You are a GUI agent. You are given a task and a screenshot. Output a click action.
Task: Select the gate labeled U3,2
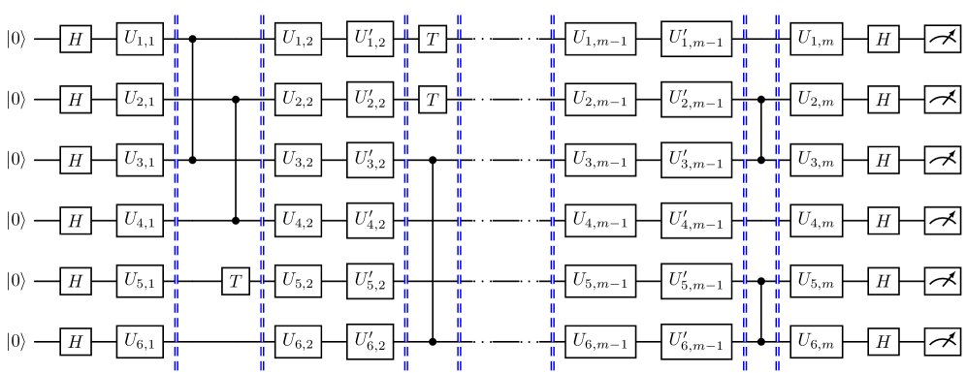pos(297,160)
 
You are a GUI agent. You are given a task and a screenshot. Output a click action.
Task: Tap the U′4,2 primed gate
pos(371,220)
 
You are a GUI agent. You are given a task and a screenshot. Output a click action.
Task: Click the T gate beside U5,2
pos(236,281)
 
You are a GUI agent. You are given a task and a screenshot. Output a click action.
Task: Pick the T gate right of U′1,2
pos(433,39)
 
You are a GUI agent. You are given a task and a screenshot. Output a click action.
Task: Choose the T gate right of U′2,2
pos(433,99)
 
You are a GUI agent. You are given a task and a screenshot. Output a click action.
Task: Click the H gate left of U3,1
pos(75,160)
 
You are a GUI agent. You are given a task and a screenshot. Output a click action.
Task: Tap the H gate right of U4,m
pos(883,220)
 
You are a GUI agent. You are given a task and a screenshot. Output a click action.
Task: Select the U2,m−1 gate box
pos(599,99)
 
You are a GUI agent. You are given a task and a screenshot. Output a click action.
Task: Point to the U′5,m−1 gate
pos(697,281)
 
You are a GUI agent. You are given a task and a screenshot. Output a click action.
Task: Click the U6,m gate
pos(815,341)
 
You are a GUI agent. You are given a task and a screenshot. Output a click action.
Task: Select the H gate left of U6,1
pos(75,341)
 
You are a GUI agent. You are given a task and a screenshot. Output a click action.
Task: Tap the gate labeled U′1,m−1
pos(697,39)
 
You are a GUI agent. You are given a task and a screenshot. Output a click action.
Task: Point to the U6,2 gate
pos(297,341)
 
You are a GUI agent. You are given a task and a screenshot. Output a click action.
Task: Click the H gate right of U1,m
pos(883,39)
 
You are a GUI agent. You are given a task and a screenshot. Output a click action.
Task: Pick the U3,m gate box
pos(815,160)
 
